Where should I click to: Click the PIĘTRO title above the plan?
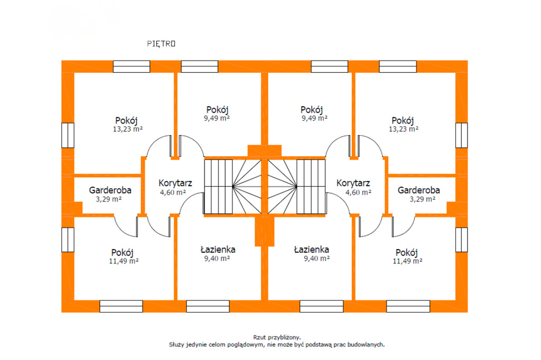pos(161,44)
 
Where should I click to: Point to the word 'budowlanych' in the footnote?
pos(366,344)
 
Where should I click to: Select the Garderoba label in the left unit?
pos(110,190)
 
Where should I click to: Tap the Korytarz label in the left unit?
pos(175,183)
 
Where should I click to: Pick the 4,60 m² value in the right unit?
pos(358,193)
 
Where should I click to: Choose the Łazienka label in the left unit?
pos(218,249)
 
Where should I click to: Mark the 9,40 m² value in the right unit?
pos(316,259)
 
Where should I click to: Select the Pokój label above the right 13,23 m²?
pos(403,119)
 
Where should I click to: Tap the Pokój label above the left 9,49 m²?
pos(217,109)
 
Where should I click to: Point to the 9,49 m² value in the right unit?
pos(314,119)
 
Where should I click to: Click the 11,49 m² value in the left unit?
pos(125,261)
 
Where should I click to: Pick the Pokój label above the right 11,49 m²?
pos(407,252)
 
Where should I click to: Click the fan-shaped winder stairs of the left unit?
pos(247,186)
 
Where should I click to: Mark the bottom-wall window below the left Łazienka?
pos(207,306)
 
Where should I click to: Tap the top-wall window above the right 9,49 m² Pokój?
pos(329,67)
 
